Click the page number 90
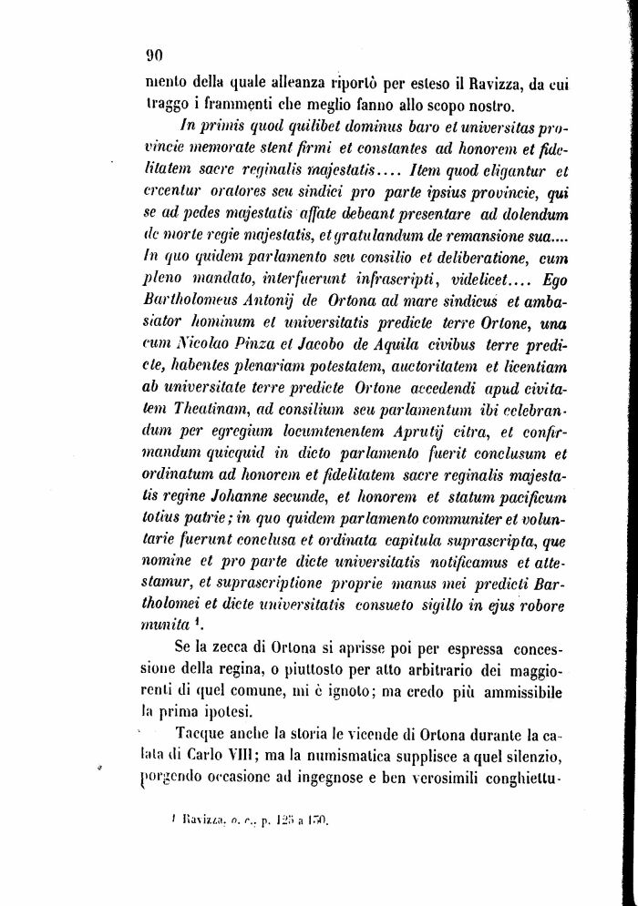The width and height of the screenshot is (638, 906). (x=152, y=53)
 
